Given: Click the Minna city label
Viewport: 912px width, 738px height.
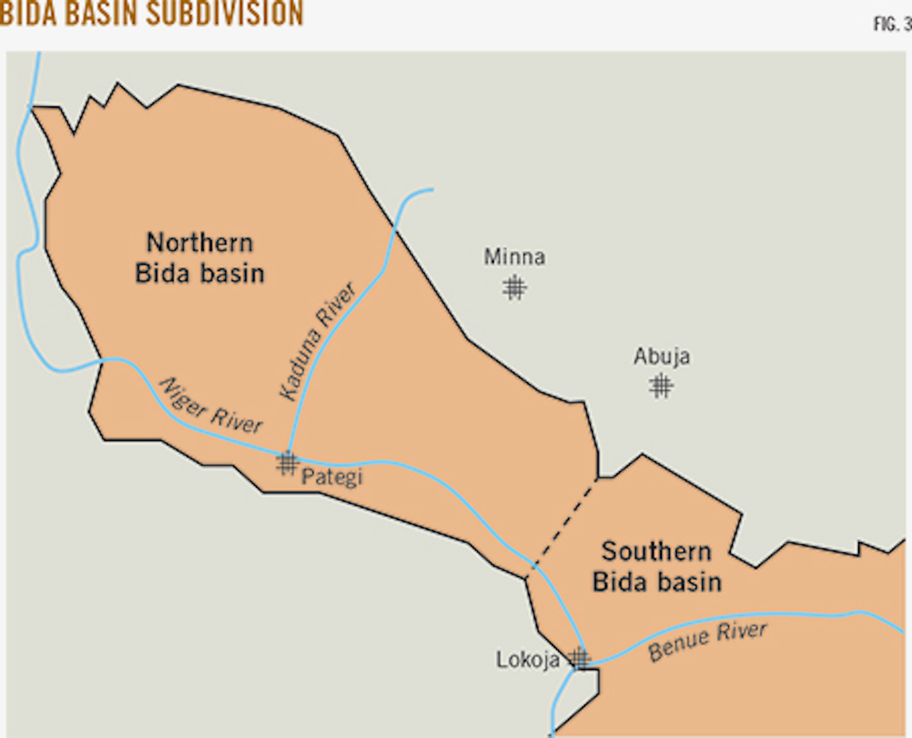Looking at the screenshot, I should point(514,257).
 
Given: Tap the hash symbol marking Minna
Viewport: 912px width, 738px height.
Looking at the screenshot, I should point(514,288).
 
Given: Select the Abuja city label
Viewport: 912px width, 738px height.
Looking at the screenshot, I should point(662,357).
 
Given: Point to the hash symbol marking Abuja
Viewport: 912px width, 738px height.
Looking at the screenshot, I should point(661,385).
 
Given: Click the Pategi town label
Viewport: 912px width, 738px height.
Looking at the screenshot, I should point(332,476).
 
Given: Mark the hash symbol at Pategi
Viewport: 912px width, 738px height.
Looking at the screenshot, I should point(287,464).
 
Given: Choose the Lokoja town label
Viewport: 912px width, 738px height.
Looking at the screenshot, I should point(528,660).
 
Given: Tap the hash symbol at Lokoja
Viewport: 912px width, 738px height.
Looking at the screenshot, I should point(578,659).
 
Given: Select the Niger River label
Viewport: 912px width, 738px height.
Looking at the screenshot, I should point(210,407).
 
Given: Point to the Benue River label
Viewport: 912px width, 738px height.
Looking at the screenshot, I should point(707,641).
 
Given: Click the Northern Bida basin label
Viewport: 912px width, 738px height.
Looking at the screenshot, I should point(199,258).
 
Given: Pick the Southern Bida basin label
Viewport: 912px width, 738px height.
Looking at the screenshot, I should point(657,566).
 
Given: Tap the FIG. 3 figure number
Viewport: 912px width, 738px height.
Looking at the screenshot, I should point(892,24).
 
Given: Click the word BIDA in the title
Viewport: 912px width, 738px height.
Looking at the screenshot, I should point(28,14).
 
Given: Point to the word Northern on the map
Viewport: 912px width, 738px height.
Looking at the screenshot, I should point(199,243).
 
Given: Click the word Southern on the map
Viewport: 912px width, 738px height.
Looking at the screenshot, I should point(657,551).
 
